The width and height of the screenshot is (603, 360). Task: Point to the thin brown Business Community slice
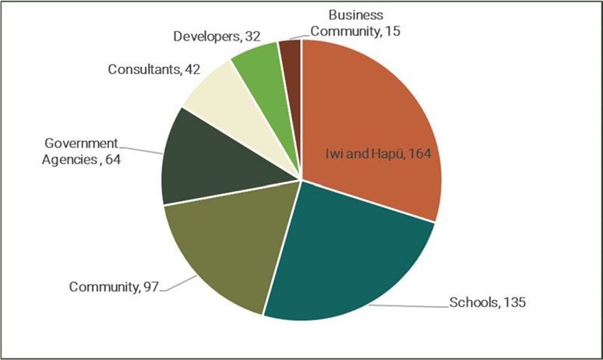(x=291, y=55)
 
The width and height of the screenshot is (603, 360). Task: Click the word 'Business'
(x=354, y=15)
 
